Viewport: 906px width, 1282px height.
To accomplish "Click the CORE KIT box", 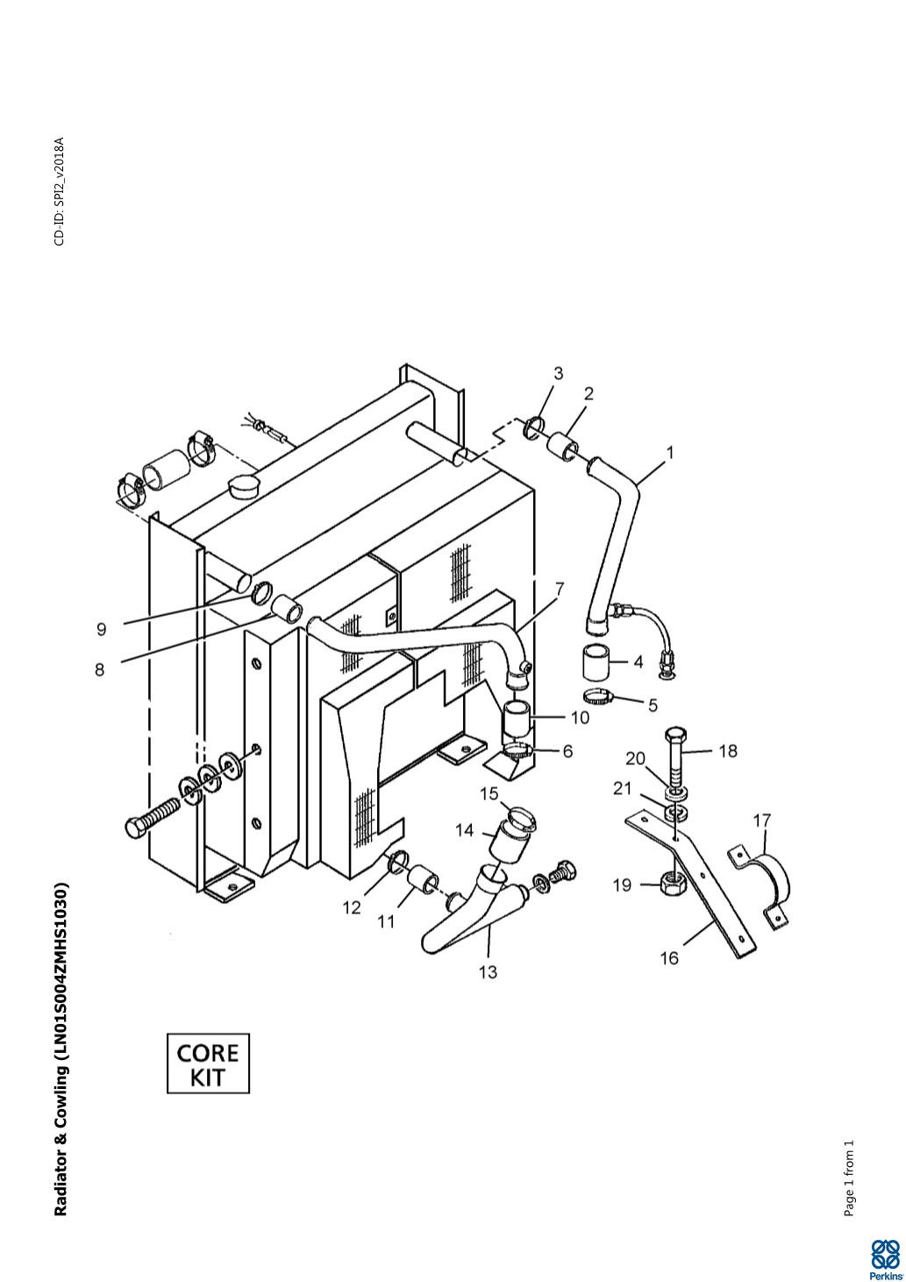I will coord(208,1064).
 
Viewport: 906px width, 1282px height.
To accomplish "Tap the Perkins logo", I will coord(885,1259).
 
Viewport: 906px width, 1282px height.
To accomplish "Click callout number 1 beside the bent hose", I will coord(670,453).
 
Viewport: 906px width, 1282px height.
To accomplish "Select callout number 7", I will coord(559,588).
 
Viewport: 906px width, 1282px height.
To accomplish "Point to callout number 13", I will coord(488,971).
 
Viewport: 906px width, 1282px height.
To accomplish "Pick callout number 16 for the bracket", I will coord(669,958).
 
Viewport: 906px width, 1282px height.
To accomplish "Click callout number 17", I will coord(762,820).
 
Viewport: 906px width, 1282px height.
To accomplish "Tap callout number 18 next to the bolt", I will coord(728,751).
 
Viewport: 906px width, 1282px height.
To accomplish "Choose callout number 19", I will coord(622,885).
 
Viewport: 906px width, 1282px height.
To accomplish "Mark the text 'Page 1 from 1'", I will coord(848,1178).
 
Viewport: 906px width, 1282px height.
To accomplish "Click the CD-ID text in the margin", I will coord(60,191).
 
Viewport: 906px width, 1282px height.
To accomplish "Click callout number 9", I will coord(102,629).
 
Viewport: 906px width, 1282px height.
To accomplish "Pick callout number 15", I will coord(489,794).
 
